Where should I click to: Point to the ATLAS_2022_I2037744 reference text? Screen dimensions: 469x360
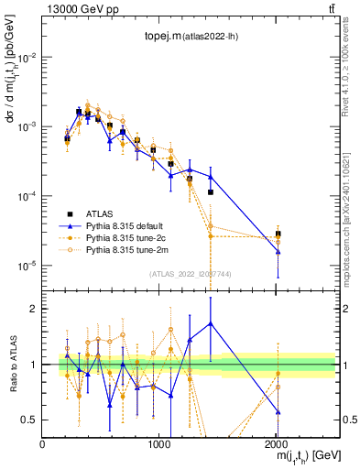[x=190, y=273]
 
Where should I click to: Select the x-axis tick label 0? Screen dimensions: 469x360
[x=43, y=444]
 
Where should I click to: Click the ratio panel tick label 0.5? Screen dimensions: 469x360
[x=29, y=420]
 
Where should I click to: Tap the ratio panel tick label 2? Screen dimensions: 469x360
[x=35, y=309]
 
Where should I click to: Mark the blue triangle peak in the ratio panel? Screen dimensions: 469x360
[x=211, y=322]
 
